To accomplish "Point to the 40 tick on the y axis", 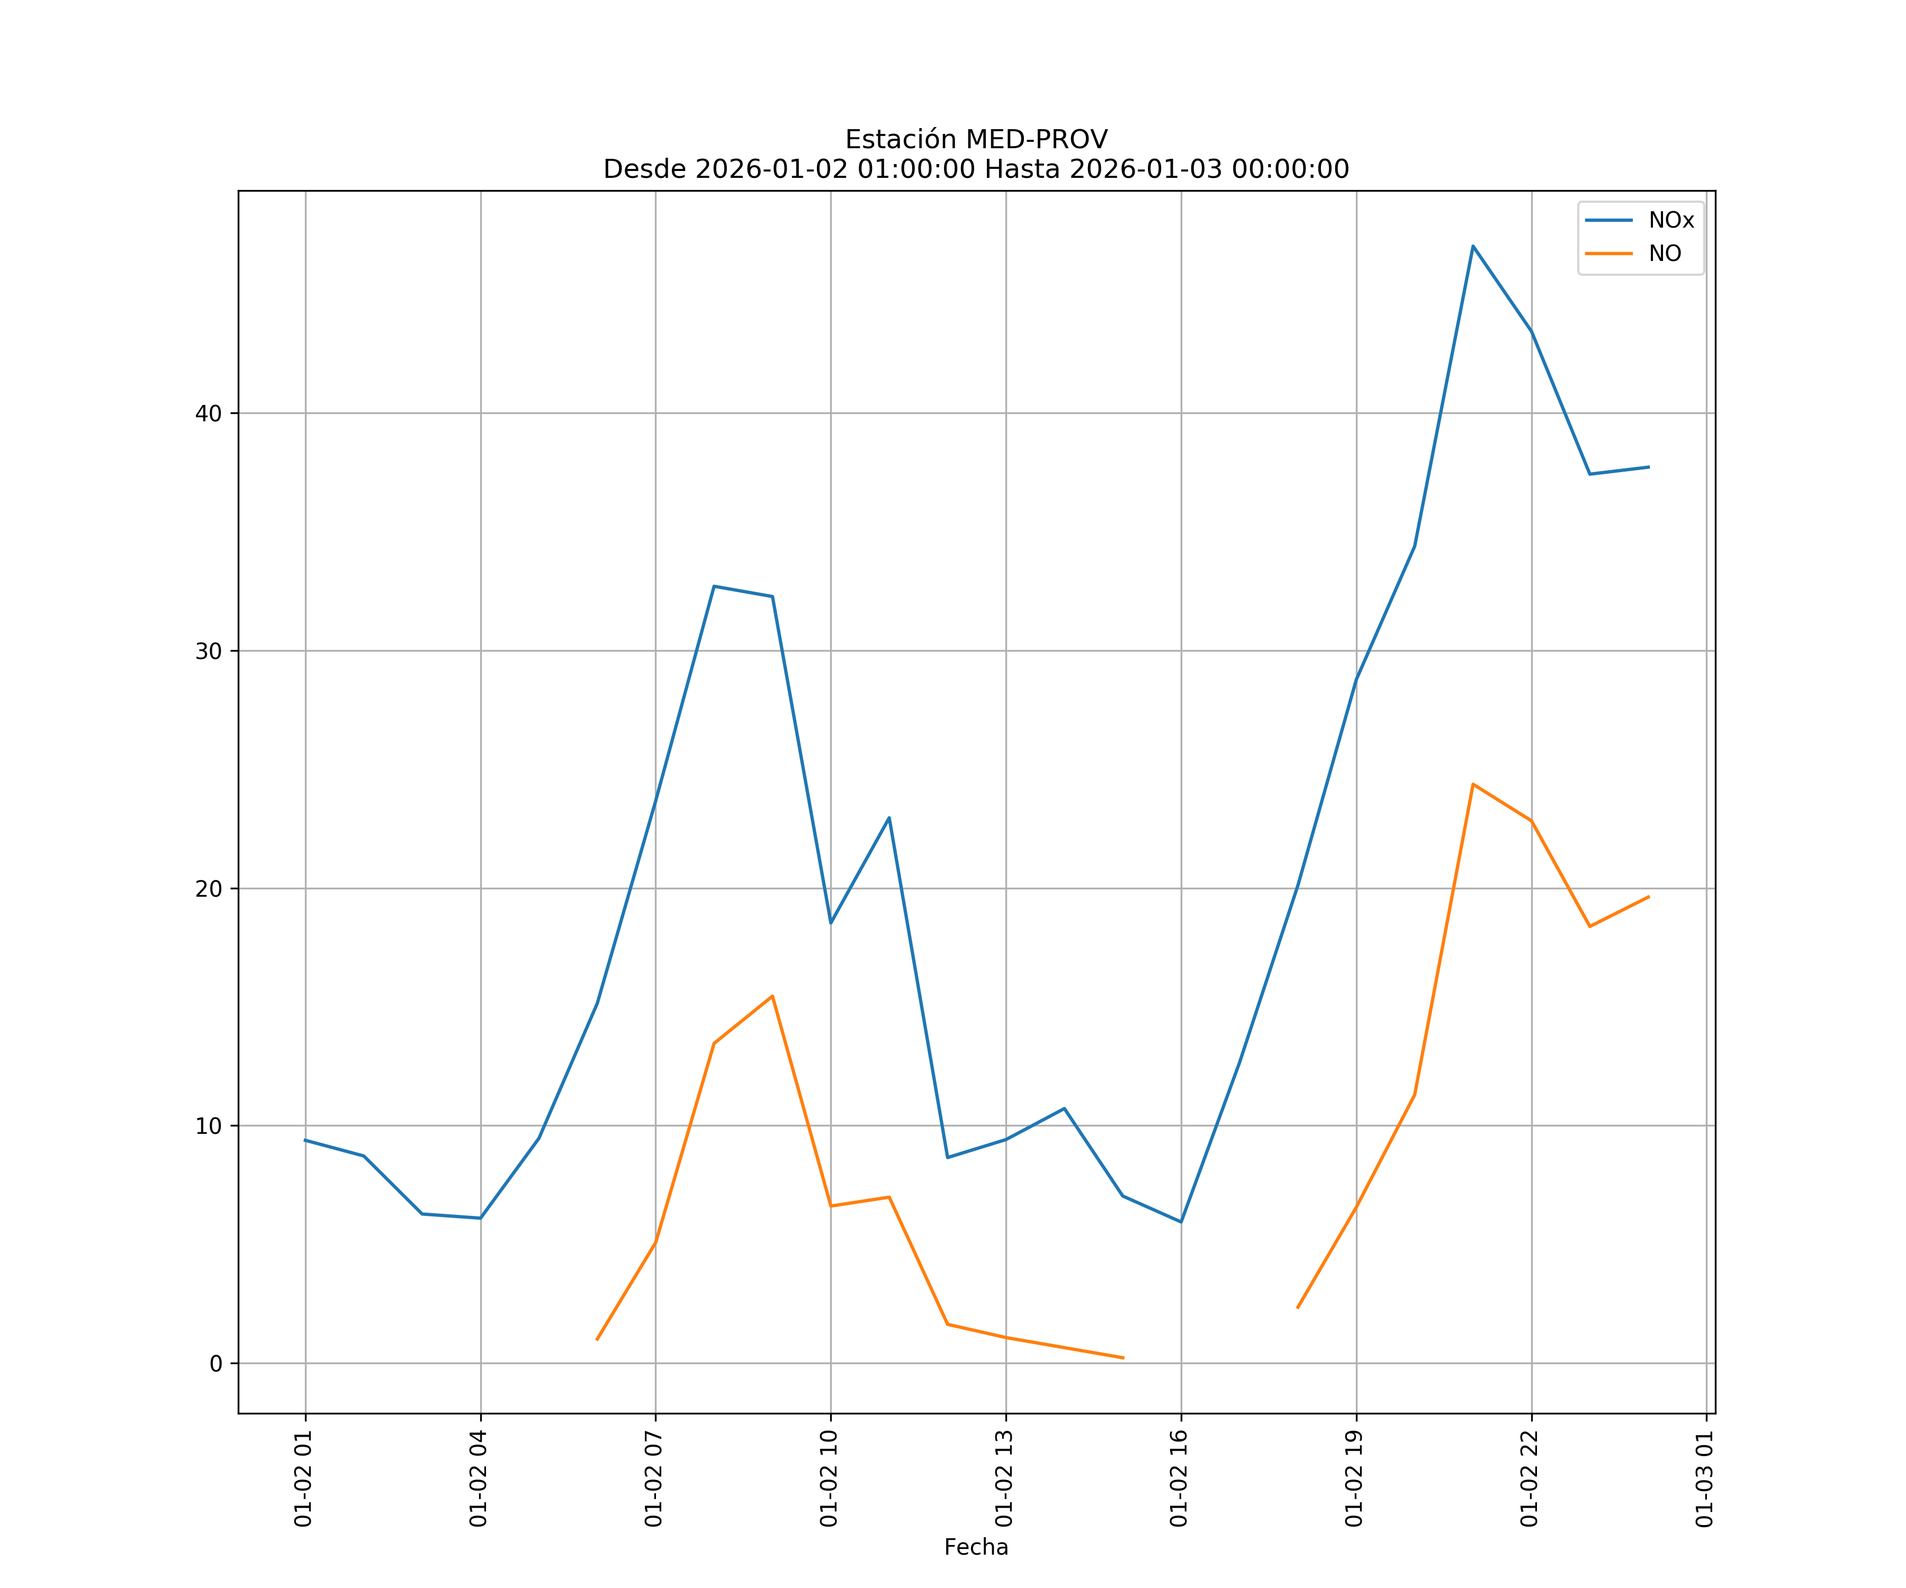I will (209, 413).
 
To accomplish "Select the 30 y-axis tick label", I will (209, 651).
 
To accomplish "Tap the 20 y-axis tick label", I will (209, 888).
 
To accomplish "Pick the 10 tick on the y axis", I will (209, 1126).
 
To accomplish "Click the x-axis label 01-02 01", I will (303, 1478).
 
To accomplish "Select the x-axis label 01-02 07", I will (653, 1478).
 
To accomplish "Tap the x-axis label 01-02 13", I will (1004, 1478).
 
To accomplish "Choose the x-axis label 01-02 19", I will (1354, 1478).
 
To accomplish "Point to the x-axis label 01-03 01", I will (1704, 1478).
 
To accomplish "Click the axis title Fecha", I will (976, 1547).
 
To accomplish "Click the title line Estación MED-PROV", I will (976, 140).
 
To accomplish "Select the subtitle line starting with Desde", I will (976, 170).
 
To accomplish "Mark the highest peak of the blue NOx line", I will (1473, 246).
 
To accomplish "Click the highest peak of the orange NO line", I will (1473, 784).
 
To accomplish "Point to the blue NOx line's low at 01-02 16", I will (1181, 1222).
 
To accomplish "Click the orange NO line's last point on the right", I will (1648, 897).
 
